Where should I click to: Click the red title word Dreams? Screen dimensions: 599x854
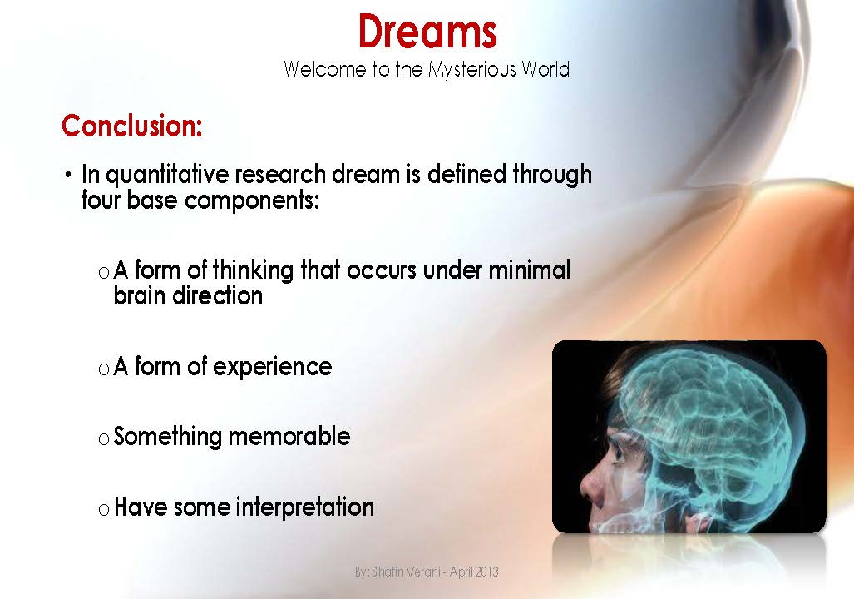427,32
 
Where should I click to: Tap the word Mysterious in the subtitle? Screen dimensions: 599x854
471,69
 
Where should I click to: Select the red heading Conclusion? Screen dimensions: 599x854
132,126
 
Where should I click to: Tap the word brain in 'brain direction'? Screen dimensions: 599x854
139,295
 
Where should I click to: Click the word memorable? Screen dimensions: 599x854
289,436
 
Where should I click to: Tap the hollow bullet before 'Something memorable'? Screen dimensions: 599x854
103,438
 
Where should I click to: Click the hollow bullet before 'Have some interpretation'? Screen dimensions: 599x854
103,509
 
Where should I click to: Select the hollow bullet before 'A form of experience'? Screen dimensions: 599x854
103,369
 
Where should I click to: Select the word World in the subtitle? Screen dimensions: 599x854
545,69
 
